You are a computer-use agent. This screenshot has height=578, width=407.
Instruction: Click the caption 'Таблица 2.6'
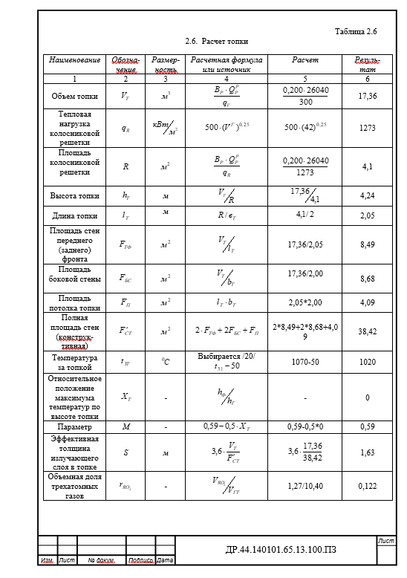[356, 32]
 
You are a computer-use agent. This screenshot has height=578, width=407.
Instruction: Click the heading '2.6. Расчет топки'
[216, 42]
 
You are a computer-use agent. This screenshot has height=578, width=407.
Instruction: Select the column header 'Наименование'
[74, 59]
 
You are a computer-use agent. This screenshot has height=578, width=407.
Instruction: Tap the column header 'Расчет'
[305, 59]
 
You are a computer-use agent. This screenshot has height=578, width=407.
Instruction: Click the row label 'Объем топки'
[74, 96]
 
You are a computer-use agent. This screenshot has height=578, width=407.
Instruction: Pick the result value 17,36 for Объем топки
[367, 96]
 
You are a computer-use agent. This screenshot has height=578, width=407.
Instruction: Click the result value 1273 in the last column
[367, 128]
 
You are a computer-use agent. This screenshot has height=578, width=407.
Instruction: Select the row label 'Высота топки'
[74, 196]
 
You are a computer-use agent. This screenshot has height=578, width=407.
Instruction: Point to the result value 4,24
[367, 196]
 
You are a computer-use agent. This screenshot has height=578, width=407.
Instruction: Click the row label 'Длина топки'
[74, 216]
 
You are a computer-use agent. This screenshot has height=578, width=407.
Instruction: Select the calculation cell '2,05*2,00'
[305, 302]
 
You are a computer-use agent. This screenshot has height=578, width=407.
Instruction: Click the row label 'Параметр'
[74, 427]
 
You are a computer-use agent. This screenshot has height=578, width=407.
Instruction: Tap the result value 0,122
[367, 485]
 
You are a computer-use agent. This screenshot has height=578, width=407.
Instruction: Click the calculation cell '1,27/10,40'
[305, 485]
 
